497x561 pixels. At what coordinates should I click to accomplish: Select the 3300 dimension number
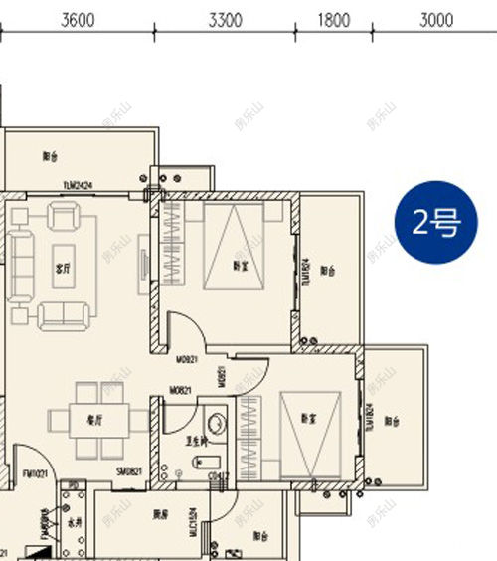(228, 19)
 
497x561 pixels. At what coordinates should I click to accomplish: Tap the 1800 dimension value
(334, 19)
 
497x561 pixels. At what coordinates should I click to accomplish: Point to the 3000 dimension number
(436, 19)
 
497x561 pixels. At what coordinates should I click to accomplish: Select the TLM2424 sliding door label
(78, 186)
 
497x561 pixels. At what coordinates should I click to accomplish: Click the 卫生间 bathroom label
(197, 441)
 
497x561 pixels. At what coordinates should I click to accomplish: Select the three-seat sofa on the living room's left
(21, 263)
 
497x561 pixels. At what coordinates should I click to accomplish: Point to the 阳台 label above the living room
(51, 155)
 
